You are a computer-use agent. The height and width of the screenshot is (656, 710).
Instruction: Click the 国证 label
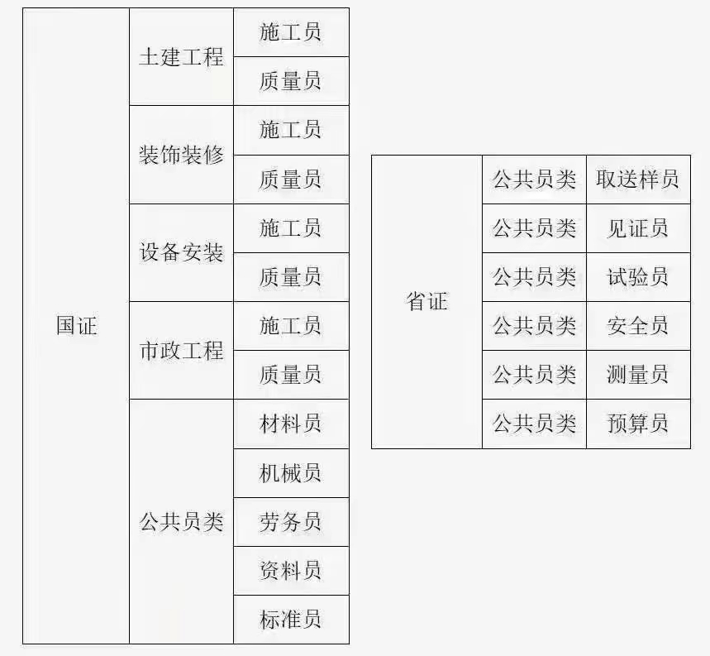(77, 326)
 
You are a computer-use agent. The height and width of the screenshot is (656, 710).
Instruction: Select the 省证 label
(427, 301)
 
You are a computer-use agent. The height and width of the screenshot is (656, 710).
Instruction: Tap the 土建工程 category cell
(181, 57)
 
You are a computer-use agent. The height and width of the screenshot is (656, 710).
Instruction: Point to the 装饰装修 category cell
(181, 155)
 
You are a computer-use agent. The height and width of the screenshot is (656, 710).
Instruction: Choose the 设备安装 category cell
(181, 252)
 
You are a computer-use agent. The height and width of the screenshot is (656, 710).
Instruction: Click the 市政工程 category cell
(181, 351)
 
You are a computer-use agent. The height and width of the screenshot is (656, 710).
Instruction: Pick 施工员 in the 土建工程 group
(290, 32)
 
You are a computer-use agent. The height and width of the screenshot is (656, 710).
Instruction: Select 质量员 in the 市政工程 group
(290, 375)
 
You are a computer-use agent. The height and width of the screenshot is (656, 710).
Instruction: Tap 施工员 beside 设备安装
(290, 227)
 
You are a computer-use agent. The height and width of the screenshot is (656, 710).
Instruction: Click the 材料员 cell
(290, 424)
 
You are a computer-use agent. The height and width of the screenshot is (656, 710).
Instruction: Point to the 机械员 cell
(290, 473)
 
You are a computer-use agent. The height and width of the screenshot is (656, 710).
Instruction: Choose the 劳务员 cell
(290, 522)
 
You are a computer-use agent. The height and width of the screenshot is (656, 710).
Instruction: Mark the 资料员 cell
(290, 570)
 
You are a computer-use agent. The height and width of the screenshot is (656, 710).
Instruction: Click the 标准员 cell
(290, 620)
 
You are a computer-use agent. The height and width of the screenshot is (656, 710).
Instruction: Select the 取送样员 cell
(637, 180)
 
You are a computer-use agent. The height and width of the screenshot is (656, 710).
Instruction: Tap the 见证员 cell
(637, 228)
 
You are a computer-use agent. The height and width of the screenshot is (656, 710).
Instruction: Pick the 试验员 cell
(637, 277)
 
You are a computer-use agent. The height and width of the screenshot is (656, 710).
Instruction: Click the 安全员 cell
(637, 326)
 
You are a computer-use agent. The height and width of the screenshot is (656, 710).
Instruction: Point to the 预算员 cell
(637, 424)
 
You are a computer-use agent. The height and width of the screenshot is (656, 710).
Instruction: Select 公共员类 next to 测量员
(534, 375)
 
